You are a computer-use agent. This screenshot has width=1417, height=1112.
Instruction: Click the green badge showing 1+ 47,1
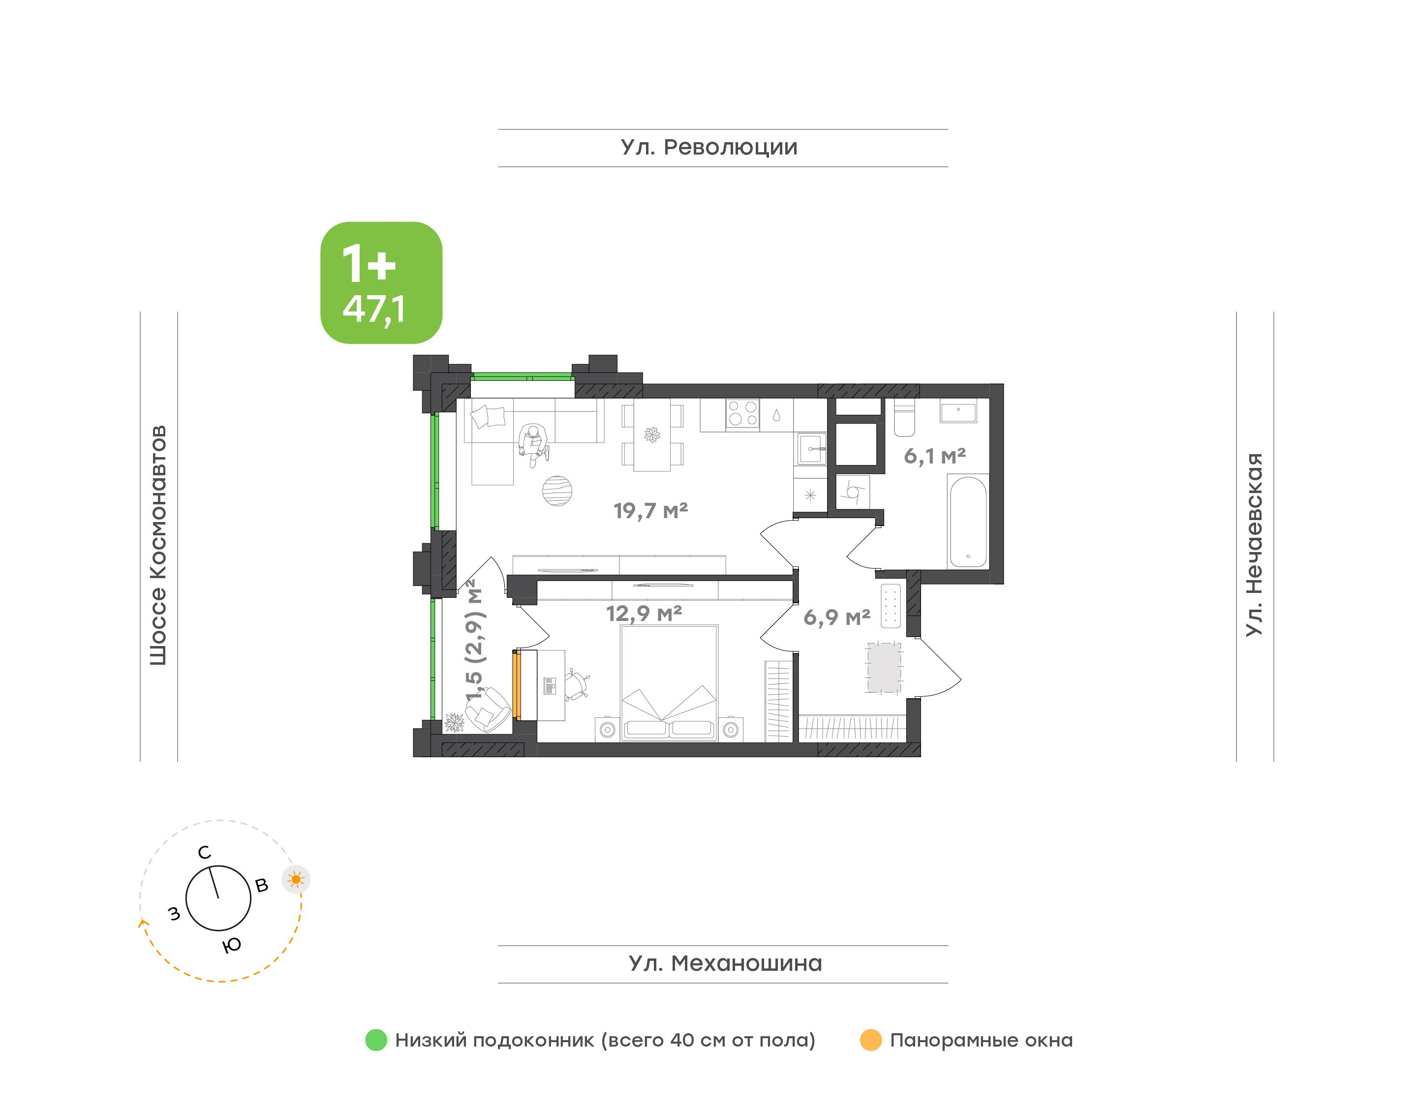click(381, 282)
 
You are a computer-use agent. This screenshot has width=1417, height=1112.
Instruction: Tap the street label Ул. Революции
click(709, 148)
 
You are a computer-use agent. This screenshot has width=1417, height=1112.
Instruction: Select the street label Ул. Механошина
click(725, 963)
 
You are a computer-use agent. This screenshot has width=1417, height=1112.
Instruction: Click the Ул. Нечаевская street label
click(1254, 545)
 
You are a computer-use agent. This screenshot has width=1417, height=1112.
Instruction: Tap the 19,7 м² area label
click(650, 510)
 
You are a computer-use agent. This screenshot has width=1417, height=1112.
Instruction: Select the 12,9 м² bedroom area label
click(644, 613)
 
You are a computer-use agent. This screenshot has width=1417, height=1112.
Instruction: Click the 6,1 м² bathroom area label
click(935, 456)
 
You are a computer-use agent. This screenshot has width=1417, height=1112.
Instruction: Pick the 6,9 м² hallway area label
click(836, 617)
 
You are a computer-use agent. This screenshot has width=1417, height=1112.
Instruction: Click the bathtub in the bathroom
click(968, 522)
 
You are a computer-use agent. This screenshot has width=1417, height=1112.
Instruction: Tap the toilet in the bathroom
click(904, 417)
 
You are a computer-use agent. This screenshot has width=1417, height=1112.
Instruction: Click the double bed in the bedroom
click(669, 683)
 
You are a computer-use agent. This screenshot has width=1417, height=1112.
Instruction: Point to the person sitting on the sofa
click(533, 445)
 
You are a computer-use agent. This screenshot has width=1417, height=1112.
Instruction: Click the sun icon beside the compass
click(296, 880)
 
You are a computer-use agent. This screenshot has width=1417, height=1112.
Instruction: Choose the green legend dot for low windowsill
click(376, 1040)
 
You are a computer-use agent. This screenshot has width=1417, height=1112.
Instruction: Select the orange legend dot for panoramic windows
click(871, 1040)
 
